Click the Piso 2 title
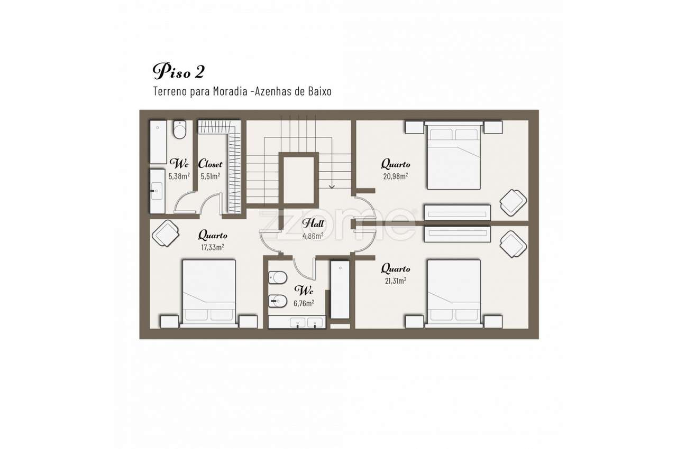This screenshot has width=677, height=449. tap(179, 71)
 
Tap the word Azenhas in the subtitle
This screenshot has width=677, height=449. tap(273, 91)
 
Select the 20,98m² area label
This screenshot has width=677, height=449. tap(395, 176)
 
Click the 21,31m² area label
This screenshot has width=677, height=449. tap(395, 280)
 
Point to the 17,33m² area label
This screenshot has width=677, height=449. tap(213, 247)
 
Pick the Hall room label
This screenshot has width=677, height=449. tap(313, 223)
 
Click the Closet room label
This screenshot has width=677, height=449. tap(210, 164)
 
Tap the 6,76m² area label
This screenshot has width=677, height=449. tap(304, 303)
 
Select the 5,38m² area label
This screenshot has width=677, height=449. tap(179, 176)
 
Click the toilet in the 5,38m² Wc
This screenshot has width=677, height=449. tap(180, 130)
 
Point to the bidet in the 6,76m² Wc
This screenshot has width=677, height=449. tap(278, 301)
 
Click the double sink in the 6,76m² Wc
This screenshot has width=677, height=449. tap(297, 322)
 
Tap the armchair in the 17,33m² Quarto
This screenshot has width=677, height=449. tap(166, 233)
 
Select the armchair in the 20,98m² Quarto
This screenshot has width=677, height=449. tap(513, 202)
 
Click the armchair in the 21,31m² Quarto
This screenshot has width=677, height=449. tap(513, 244)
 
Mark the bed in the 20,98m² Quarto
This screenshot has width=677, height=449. tap(454, 155)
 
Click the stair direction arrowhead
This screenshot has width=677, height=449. tap(332, 187)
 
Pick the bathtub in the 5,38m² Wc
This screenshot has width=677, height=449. tap(158, 142)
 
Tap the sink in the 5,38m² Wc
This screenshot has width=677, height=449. tap(158, 191)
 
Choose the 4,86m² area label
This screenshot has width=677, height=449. tap(313, 236)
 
